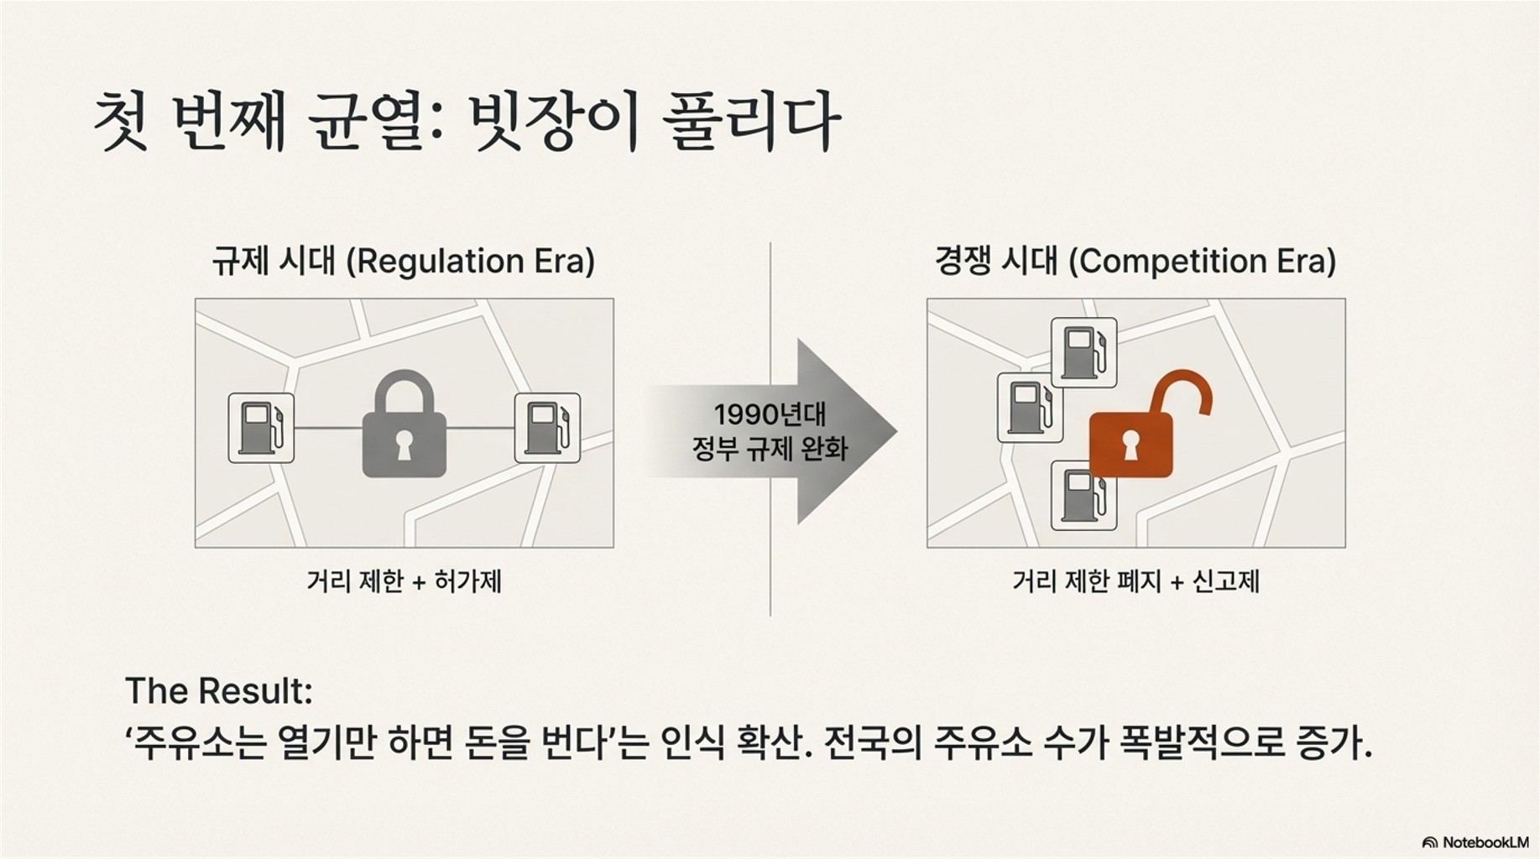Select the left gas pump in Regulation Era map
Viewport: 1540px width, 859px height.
coord(261,428)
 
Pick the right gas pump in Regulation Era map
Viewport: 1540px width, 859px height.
coord(547,428)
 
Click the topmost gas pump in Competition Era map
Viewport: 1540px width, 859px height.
coord(1083,352)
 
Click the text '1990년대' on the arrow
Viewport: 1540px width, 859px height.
coord(770,414)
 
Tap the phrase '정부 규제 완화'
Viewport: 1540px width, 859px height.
coord(770,449)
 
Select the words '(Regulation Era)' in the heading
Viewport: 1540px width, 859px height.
coord(471,262)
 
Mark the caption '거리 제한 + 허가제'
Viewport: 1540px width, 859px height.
coord(404,580)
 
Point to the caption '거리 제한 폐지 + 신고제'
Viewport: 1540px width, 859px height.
coord(1135,580)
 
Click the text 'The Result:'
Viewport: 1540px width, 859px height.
coord(219,691)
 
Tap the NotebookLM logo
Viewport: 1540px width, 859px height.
coord(1475,842)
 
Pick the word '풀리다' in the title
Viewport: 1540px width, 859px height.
coord(750,122)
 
